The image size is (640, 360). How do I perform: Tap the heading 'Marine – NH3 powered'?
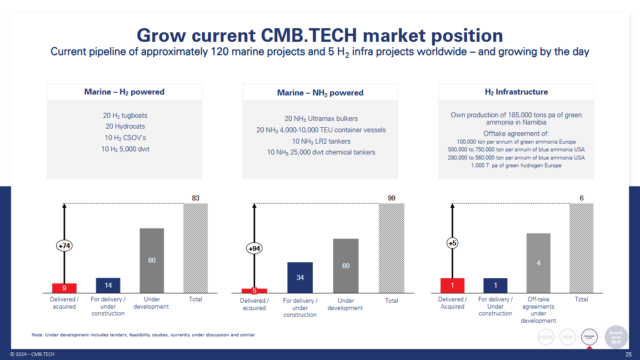coord(319,91)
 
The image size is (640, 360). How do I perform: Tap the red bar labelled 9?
coord(65,287)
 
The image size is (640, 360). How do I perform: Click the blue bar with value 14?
coord(108,284)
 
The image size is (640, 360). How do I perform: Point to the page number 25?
coord(626,353)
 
